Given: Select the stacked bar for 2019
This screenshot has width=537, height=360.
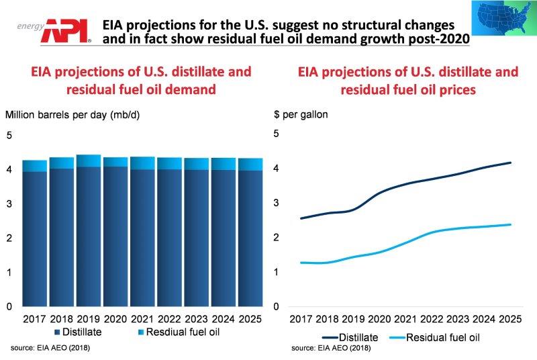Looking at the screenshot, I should coord(89,232).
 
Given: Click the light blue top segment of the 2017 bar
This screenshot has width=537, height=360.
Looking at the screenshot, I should coord(35,166).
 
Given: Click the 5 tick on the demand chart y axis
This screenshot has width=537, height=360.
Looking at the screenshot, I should coord(9,136).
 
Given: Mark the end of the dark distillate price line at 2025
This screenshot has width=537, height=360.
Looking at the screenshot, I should coord(511,163).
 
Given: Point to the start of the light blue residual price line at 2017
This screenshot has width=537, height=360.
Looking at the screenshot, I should coord(301,263).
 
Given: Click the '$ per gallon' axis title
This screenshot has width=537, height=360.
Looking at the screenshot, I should coord(301,114).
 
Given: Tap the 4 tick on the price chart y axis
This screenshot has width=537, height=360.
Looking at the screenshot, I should coord(277,168).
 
